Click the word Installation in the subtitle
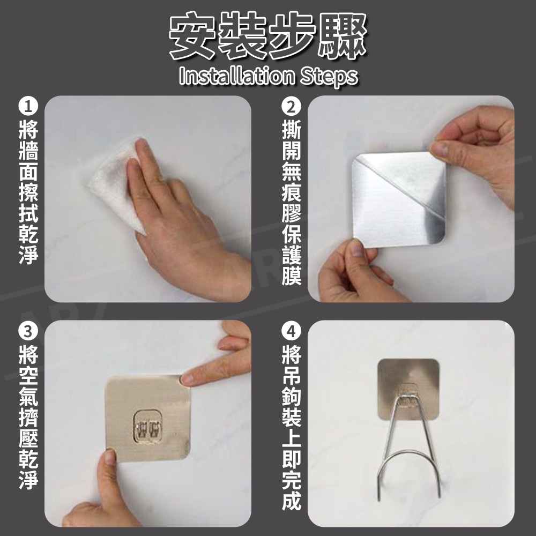coord(236,76)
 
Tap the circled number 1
coord(28,107)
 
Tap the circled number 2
coord(291,107)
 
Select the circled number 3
coord(28,331)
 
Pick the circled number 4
coord(291,331)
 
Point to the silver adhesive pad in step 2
coord(399,199)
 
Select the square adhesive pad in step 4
coord(408,389)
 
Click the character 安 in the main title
coord(193,35)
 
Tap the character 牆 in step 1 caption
coord(28,151)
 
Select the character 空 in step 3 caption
coord(28,375)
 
